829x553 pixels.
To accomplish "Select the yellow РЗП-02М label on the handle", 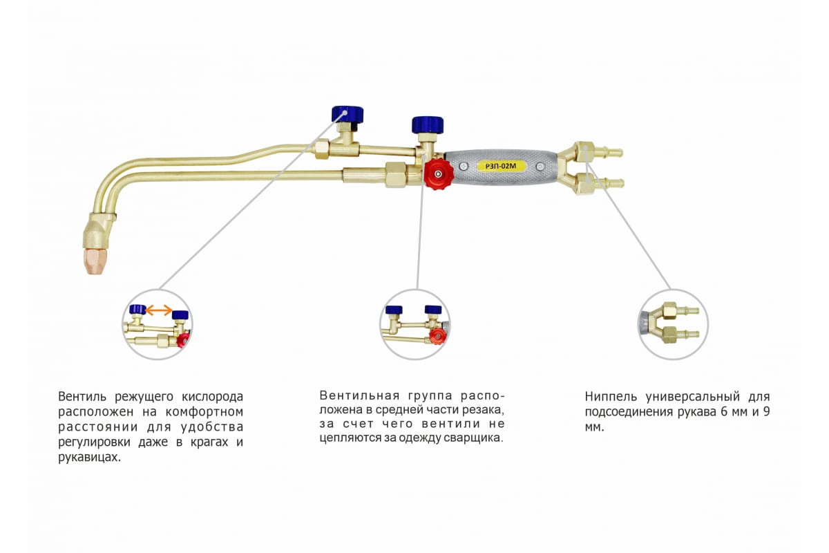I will [502, 166].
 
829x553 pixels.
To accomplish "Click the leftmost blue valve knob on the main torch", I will [347, 113].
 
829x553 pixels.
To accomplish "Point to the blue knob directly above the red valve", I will [428, 124].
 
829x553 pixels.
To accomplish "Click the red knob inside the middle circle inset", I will [436, 335].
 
